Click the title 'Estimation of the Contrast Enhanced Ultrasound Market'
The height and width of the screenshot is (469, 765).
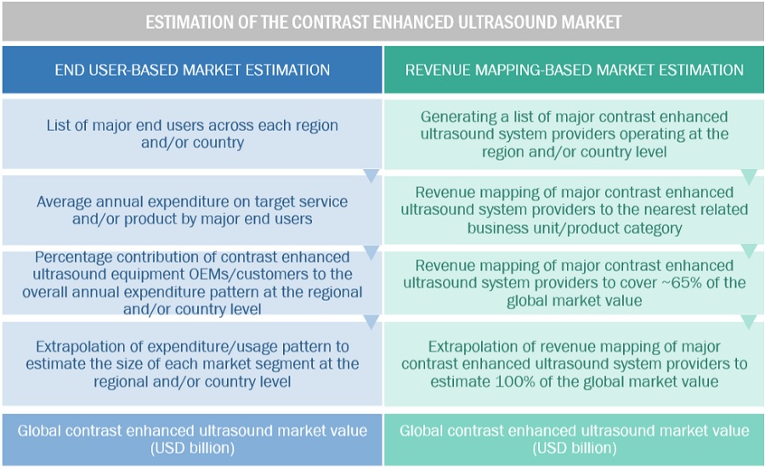383,21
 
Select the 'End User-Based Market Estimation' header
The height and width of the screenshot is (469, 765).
192,70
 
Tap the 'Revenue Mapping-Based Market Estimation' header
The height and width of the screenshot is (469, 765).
575,70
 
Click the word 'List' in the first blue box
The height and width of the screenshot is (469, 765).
60,126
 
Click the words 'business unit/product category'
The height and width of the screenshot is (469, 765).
574,228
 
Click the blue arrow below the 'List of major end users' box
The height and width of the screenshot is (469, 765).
371,176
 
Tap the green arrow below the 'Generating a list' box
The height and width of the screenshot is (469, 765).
749,177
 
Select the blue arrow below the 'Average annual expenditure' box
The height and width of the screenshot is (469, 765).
371,252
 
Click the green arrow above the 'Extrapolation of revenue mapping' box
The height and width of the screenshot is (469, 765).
749,322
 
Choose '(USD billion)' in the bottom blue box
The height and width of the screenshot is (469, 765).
193,448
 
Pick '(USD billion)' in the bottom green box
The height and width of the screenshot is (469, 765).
575,448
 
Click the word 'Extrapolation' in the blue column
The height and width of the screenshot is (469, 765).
82,347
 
